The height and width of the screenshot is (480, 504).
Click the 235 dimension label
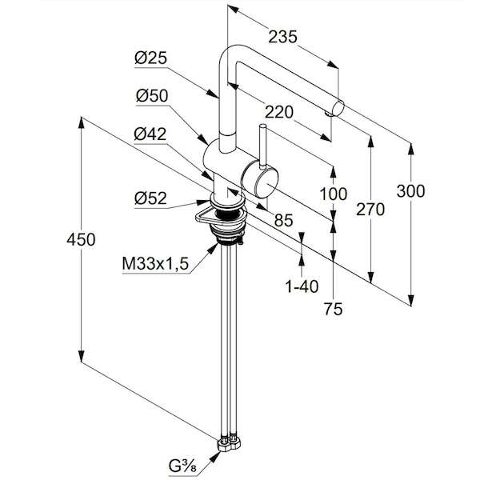point(283,37)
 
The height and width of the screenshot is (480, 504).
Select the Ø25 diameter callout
point(150,58)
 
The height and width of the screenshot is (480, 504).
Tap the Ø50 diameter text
point(152,95)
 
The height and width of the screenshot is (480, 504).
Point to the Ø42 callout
point(150,134)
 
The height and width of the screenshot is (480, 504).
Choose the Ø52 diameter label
point(150,198)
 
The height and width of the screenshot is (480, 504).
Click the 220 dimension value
point(279,112)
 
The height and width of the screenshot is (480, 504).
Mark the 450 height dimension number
point(81,239)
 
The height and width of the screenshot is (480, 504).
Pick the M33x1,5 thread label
point(155,264)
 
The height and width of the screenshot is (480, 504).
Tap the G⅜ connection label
point(182,466)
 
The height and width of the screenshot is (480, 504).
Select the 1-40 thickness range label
point(302,286)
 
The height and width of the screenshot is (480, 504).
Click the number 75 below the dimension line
point(334,309)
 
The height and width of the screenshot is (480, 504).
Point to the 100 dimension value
point(334,194)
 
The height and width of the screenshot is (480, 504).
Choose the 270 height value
point(370,210)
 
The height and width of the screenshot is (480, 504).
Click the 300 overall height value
point(410,191)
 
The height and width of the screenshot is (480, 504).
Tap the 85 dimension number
point(284,221)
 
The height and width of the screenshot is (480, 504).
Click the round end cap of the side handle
point(266,183)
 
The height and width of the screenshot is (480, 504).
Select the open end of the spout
point(338,108)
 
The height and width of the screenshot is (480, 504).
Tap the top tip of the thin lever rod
point(262,126)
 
